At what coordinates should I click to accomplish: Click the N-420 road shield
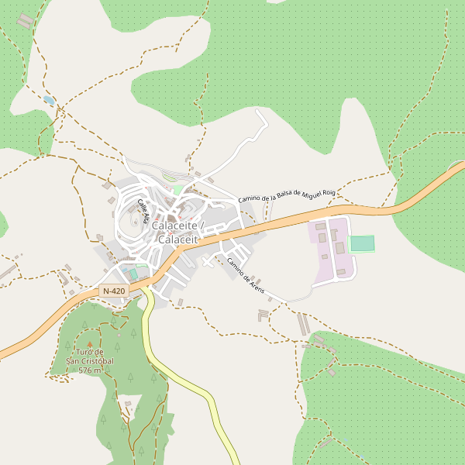pyautogui.click(x=113, y=291)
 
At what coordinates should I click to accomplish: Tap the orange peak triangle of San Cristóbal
pyautogui.click(x=89, y=344)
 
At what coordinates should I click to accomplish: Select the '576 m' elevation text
pyautogui.click(x=90, y=370)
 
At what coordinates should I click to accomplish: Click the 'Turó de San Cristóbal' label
pyautogui.click(x=90, y=356)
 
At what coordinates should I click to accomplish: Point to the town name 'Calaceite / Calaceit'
pyautogui.click(x=178, y=232)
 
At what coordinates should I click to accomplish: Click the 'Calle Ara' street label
pyautogui.click(x=143, y=211)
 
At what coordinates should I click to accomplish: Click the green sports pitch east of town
pyautogui.click(x=362, y=243)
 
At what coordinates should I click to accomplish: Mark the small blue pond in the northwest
pyautogui.click(x=49, y=100)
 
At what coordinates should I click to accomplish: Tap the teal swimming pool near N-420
pyautogui.click(x=133, y=274)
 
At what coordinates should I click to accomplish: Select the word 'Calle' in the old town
pyautogui.click(x=140, y=205)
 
